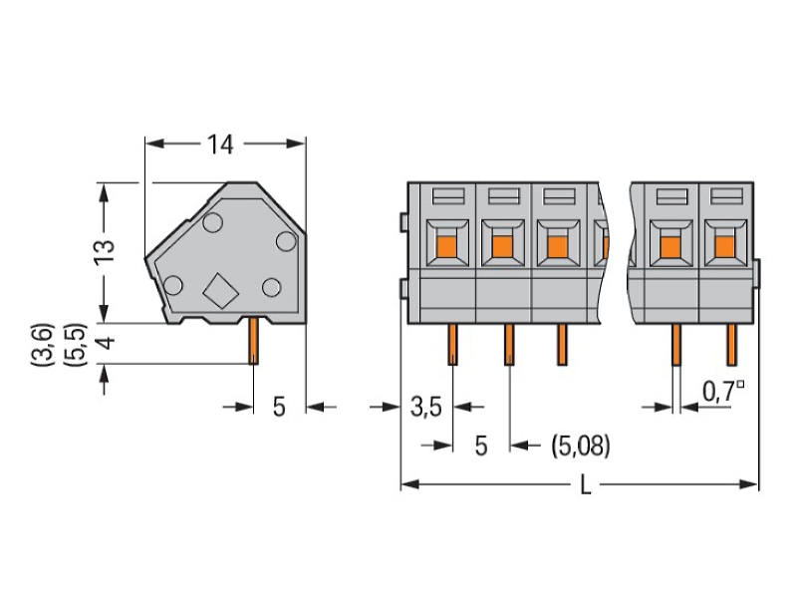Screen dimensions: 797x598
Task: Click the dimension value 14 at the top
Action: [220, 145]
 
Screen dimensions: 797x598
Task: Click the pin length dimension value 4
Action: [106, 343]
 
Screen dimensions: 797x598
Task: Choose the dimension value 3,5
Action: [426, 407]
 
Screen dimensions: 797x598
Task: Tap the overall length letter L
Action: [586, 485]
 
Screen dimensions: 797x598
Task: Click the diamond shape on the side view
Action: [220, 291]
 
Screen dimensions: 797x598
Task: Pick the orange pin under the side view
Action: [253, 340]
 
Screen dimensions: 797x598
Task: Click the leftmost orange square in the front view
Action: [446, 246]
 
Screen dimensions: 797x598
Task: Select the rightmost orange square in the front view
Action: [725, 246]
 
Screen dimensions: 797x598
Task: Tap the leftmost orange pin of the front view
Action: [452, 344]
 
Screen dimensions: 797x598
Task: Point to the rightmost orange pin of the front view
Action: [731, 344]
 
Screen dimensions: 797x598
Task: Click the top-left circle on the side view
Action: [212, 222]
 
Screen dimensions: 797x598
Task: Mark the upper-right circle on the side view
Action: [286, 241]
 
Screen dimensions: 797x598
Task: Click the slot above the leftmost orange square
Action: [447, 195]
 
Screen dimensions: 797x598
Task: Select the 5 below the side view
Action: [279, 407]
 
